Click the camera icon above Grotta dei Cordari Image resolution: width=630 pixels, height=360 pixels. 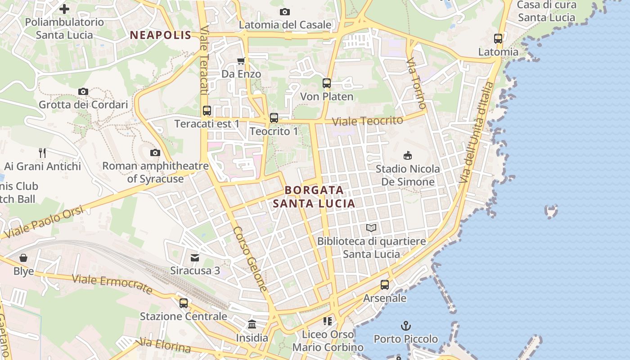[x=83, y=91]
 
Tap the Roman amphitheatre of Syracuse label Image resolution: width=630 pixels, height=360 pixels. [x=155, y=172]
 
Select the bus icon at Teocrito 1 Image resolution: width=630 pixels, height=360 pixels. [x=274, y=118]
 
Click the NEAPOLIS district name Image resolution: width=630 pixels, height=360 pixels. [x=161, y=35]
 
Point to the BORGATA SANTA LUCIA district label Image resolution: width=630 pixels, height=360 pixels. [x=314, y=197]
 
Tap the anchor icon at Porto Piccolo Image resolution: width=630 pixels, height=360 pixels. [x=406, y=325]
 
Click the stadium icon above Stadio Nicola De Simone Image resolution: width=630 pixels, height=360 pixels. [x=408, y=155]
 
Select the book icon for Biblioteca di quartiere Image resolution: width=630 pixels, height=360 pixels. [x=371, y=228]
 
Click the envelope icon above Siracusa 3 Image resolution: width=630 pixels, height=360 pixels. [x=195, y=257]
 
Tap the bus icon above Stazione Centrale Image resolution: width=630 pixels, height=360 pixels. [x=184, y=303]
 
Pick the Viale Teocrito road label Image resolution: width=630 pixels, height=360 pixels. [x=367, y=121]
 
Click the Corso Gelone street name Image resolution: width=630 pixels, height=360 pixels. [x=250, y=259]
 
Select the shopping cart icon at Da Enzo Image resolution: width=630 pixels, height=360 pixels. [x=241, y=61]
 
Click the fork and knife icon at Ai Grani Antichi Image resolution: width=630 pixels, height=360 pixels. [x=42, y=153]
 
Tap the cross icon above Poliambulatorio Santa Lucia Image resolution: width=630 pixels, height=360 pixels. [x=64, y=9]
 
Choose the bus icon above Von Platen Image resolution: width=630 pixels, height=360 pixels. [x=327, y=83]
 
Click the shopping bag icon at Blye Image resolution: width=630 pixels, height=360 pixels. [x=23, y=258]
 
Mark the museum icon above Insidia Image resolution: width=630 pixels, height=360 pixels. [x=252, y=324]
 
